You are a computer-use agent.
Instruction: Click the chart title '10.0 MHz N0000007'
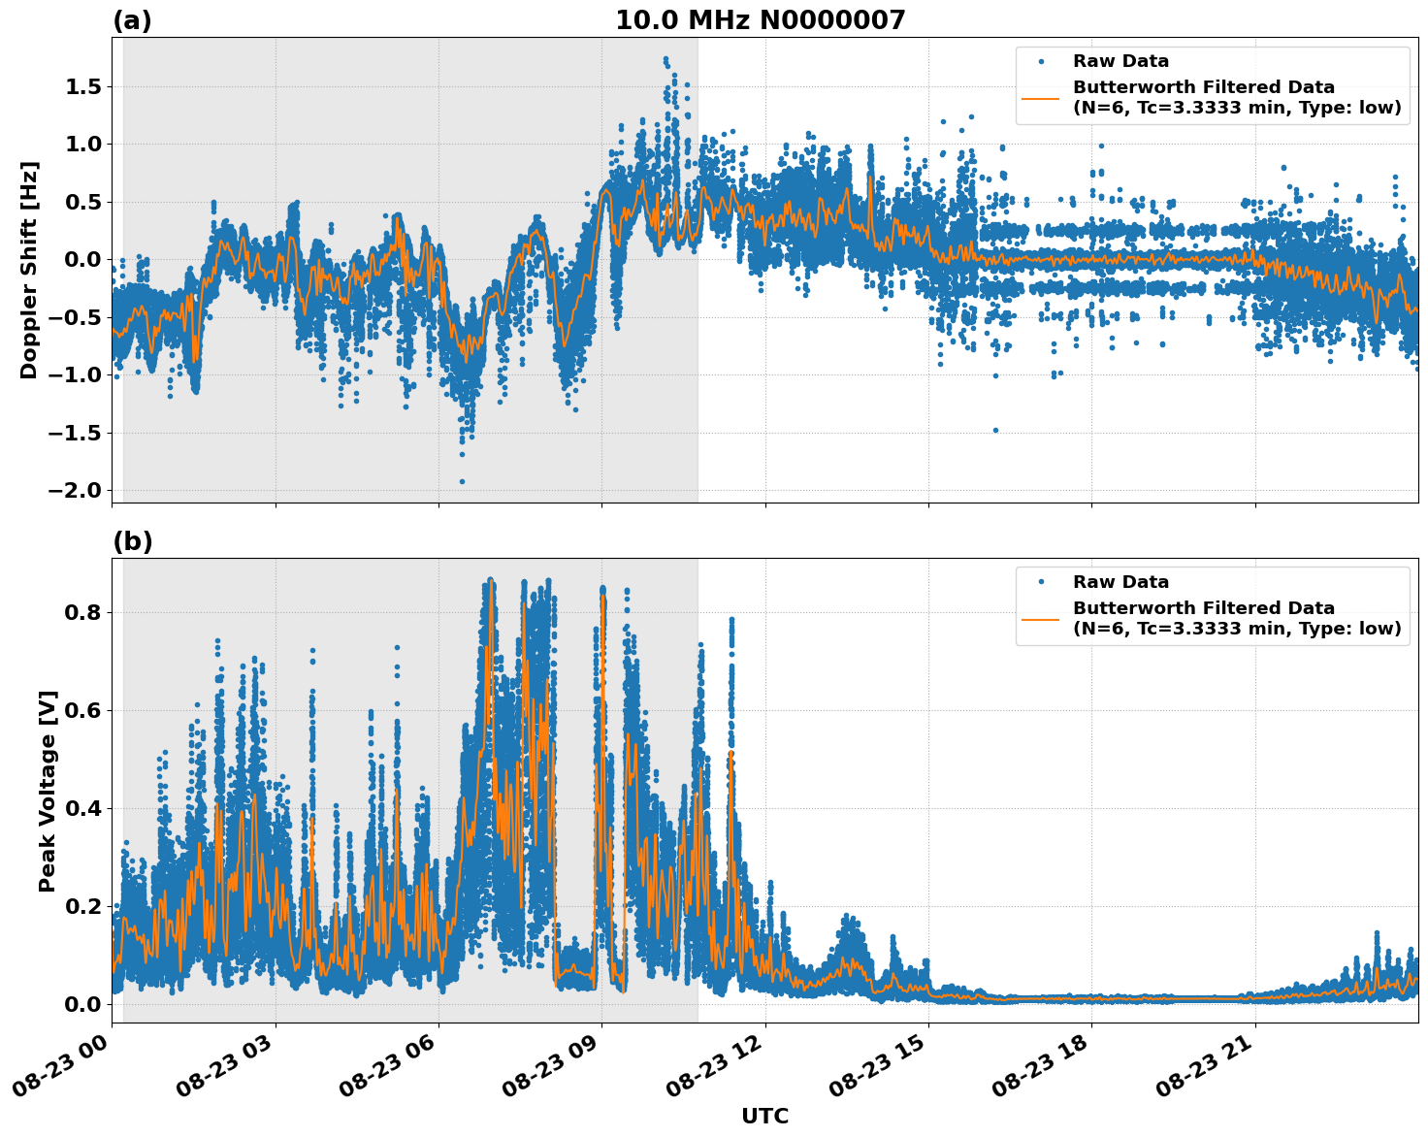[760, 20]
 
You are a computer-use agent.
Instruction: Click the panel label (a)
[132, 20]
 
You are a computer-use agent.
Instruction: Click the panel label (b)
[132, 541]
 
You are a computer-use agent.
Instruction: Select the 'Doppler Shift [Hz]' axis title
[29, 270]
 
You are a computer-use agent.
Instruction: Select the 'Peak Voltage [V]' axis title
[48, 791]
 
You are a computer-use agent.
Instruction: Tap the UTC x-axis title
[764, 1116]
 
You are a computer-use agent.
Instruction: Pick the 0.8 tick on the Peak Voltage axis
[83, 612]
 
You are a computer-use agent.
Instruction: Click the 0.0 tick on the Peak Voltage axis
[83, 1003]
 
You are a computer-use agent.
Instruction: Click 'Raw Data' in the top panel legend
[1120, 61]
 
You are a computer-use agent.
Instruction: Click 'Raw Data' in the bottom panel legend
[1120, 582]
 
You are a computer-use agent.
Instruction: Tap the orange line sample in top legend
[1041, 97]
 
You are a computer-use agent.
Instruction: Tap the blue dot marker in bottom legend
[1041, 582]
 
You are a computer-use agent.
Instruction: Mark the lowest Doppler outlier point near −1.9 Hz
[462, 481]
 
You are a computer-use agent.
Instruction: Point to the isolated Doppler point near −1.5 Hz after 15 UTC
[995, 430]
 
